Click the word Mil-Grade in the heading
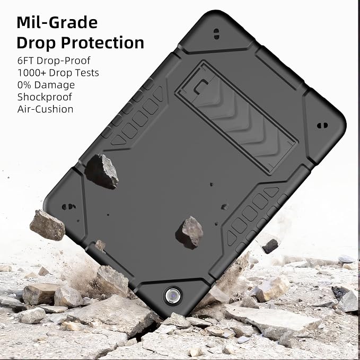click(x=57, y=22)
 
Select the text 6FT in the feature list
click(x=25, y=60)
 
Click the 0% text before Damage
click(x=24, y=85)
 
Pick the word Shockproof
click(x=45, y=97)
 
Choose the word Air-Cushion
click(x=45, y=109)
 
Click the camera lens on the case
click(x=173, y=295)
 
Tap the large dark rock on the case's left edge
click(x=102, y=171)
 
